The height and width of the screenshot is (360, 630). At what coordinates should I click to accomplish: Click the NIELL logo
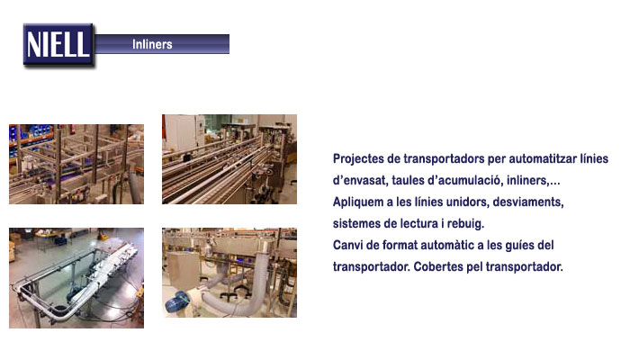tap(58, 45)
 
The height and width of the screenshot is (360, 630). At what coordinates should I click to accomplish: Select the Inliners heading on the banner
tap(152, 44)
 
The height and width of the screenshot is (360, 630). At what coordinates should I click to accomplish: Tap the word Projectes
tap(358, 159)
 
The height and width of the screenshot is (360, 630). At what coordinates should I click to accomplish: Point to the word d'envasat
tap(360, 180)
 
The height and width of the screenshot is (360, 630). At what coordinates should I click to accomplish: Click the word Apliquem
tap(358, 202)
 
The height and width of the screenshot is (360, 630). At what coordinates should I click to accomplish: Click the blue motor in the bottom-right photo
tap(176, 302)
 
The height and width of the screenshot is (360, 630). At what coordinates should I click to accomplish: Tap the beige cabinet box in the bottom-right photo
tap(184, 270)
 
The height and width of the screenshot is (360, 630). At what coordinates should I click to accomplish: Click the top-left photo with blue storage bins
tap(76, 164)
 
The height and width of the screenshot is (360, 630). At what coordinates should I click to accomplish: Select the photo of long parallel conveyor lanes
tap(229, 159)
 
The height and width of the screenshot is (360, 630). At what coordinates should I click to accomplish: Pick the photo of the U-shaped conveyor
tap(76, 278)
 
